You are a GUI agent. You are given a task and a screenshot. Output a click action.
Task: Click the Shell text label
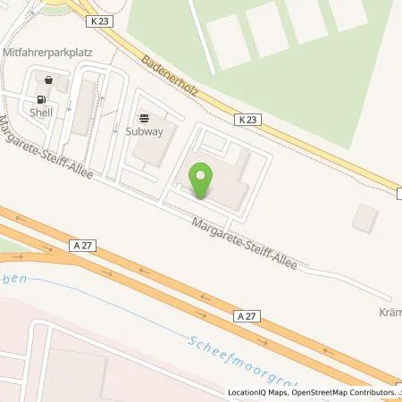(x=40, y=113)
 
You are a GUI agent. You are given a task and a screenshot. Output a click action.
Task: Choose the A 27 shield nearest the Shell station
(x=80, y=243)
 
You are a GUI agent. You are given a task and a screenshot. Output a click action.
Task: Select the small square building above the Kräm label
(x=364, y=217)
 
